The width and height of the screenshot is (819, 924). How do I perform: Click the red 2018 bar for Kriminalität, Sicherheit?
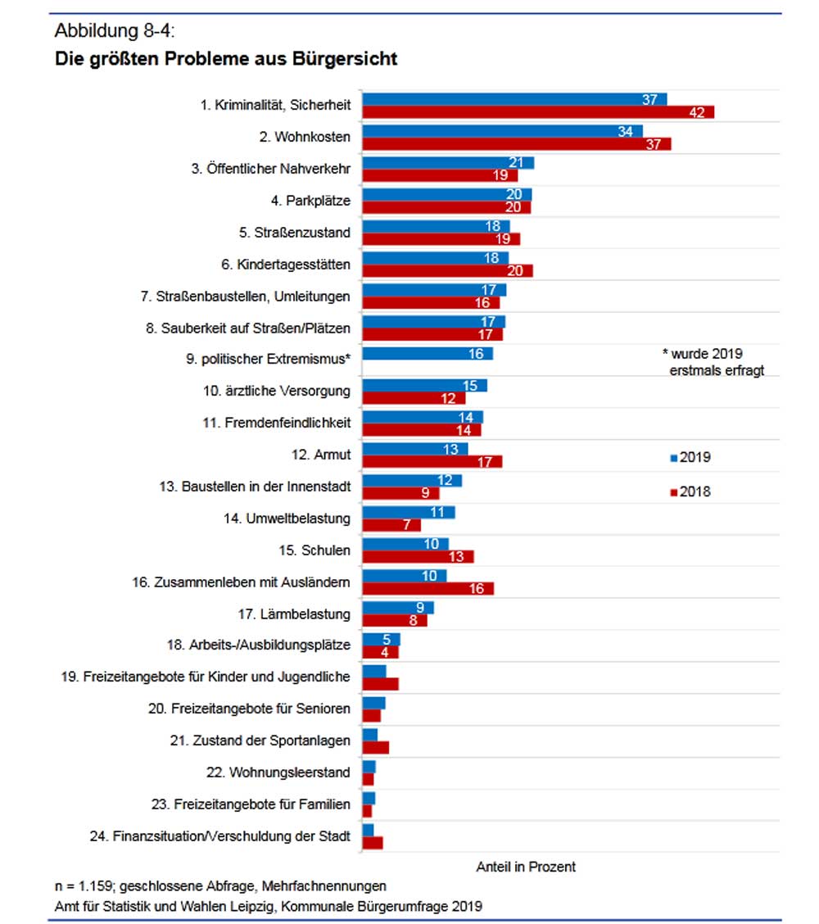(x=538, y=112)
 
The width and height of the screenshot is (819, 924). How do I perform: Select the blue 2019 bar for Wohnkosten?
(x=502, y=131)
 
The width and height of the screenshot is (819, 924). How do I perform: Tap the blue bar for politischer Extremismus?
(x=427, y=353)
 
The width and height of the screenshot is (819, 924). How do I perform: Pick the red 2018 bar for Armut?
(x=432, y=461)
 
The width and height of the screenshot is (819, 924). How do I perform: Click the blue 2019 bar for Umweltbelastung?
(x=408, y=512)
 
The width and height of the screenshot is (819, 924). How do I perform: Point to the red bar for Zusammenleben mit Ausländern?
(x=428, y=588)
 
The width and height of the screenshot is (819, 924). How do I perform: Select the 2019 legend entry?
(x=690, y=457)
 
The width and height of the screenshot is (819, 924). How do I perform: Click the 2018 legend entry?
(x=690, y=491)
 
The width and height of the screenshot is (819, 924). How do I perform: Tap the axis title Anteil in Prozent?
(x=526, y=867)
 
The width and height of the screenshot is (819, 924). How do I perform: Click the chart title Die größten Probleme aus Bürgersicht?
(x=226, y=59)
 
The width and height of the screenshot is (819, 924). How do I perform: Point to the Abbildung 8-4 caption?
(x=115, y=32)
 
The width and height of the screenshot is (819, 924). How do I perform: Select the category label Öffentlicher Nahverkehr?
(x=271, y=170)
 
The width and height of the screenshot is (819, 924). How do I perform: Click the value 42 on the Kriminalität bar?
(x=697, y=112)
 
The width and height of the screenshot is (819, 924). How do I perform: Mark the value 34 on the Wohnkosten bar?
(x=625, y=131)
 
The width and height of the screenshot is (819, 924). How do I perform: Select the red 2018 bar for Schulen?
(x=418, y=557)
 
